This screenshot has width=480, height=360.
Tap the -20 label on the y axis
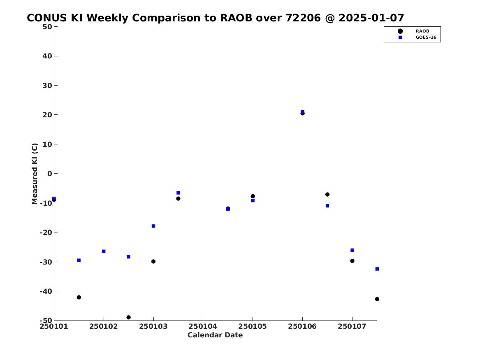[x=46, y=232]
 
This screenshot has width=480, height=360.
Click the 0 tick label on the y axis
[x=50, y=174]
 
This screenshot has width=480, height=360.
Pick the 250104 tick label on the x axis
[x=203, y=326]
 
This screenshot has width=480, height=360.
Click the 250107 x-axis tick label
[x=352, y=326]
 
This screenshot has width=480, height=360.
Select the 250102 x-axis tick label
[x=104, y=326]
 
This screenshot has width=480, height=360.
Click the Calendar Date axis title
[x=215, y=335]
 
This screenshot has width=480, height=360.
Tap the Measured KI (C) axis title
[x=35, y=174]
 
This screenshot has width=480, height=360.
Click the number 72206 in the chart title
[x=303, y=18]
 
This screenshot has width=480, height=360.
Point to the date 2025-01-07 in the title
[x=371, y=18]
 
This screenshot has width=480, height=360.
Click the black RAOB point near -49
[x=129, y=318]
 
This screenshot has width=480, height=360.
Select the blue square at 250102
[x=104, y=251]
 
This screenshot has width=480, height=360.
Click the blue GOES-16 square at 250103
[x=153, y=226]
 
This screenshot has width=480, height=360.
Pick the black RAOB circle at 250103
[x=153, y=261]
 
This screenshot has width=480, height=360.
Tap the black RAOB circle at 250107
[x=352, y=261]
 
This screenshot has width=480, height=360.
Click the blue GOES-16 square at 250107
[x=352, y=250]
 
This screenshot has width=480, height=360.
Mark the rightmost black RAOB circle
[x=377, y=299]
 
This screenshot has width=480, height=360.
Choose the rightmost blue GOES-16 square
[x=377, y=269]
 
